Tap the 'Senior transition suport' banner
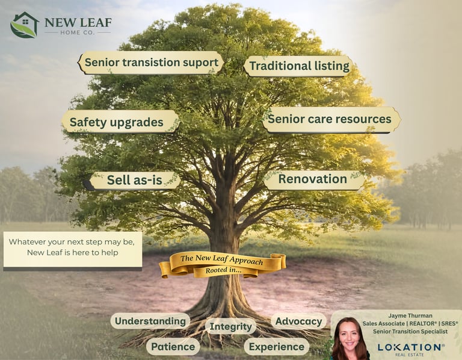[x=151, y=63]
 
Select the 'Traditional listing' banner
[x=299, y=66]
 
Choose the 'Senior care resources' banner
[x=330, y=119]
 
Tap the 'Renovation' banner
[x=313, y=179]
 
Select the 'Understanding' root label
[x=150, y=321]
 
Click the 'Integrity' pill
[x=230, y=326]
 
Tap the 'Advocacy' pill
[x=298, y=321]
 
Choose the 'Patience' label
[x=173, y=346]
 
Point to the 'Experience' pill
[x=276, y=346]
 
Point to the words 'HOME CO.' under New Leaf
[x=84, y=32]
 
